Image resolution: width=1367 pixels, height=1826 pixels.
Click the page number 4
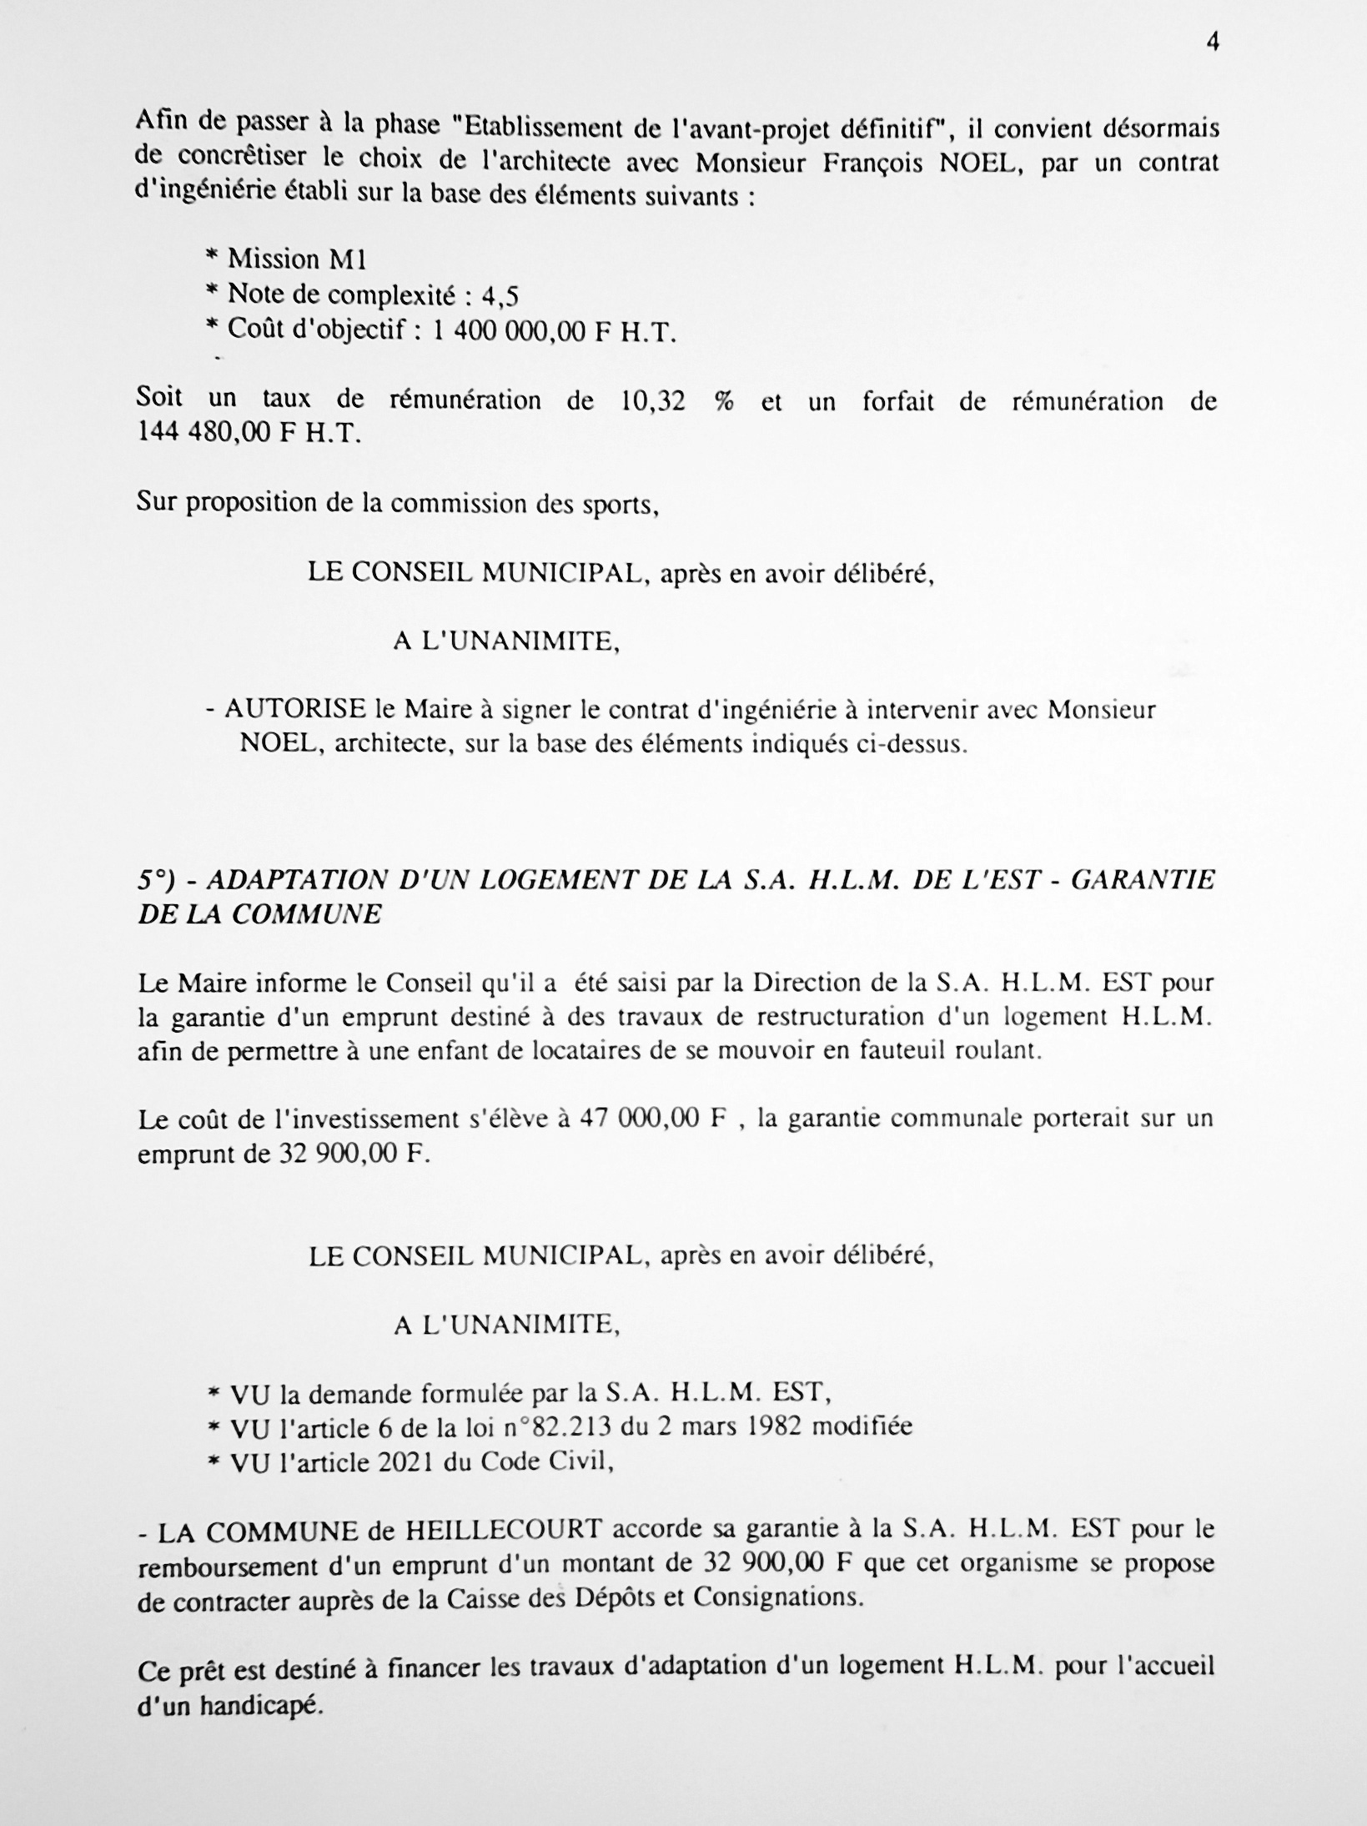pos(1213,43)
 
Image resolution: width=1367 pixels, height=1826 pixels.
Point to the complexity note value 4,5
pos(500,296)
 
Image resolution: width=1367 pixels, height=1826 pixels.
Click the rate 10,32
pos(653,401)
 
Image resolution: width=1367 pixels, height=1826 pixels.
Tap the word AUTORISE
pos(295,710)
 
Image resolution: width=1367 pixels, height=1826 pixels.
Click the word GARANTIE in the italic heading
pos(1142,881)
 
